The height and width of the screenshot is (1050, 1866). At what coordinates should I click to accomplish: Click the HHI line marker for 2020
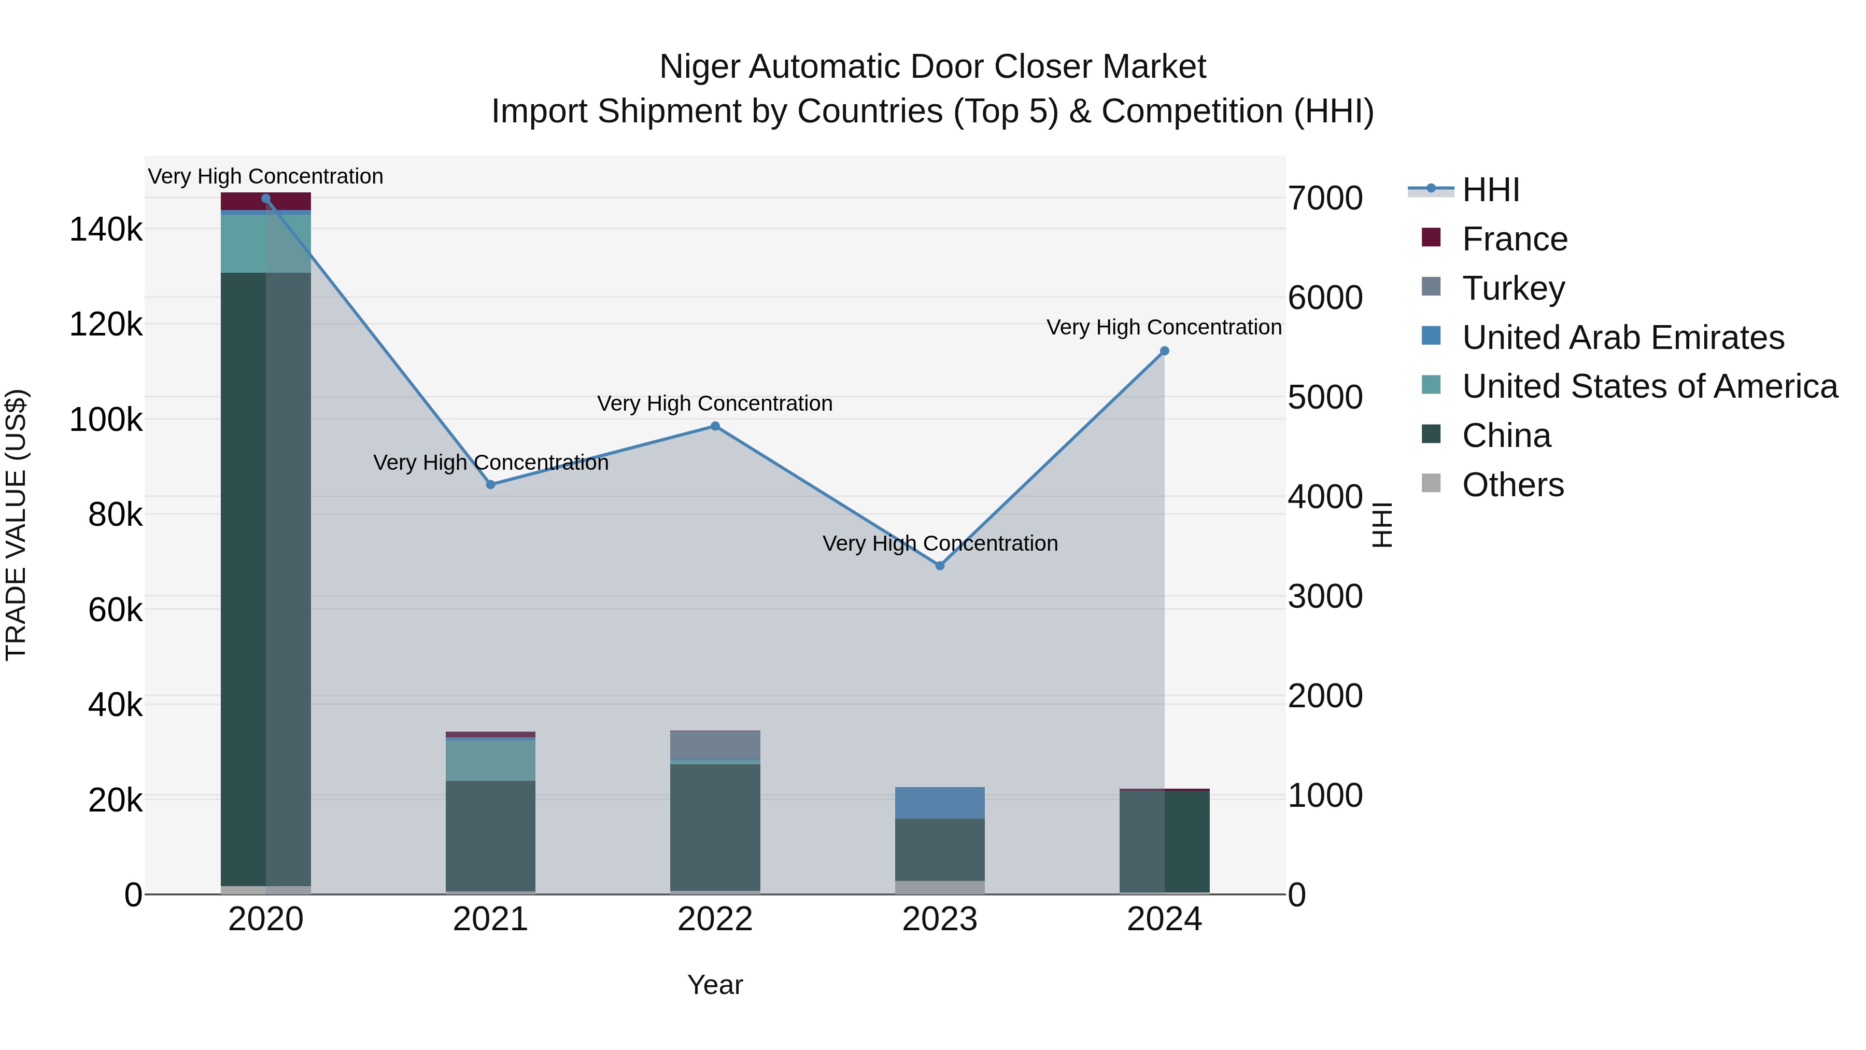click(x=266, y=199)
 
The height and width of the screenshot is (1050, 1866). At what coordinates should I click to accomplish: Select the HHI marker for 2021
click(x=490, y=485)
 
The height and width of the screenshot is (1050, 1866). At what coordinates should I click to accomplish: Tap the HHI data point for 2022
click(x=715, y=426)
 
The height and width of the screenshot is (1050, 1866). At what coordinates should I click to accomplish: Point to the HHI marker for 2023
click(x=940, y=566)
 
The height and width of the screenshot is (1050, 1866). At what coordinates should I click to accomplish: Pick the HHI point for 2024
click(x=1165, y=351)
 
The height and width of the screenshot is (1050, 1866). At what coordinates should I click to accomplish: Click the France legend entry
click(x=1515, y=239)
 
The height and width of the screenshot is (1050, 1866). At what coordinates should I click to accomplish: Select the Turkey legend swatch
click(x=1431, y=287)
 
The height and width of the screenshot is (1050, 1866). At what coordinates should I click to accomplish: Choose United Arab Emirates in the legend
click(x=1622, y=338)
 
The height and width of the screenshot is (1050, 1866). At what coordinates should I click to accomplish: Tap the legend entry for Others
click(x=1512, y=485)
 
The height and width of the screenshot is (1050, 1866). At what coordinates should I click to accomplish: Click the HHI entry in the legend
click(x=1490, y=190)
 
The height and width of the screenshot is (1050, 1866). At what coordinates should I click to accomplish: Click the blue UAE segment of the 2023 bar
click(x=940, y=803)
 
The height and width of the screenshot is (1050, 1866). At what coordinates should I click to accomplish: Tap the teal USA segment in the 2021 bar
click(x=490, y=760)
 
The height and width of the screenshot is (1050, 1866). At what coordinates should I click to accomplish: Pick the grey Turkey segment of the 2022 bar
click(x=715, y=745)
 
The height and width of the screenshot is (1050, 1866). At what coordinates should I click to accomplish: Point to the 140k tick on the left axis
click(x=106, y=230)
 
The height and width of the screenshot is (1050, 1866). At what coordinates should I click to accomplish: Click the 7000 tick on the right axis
click(x=1325, y=199)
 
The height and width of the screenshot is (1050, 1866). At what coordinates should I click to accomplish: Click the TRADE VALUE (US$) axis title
click(x=16, y=525)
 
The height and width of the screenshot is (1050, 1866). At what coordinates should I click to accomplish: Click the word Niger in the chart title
click(x=699, y=67)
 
